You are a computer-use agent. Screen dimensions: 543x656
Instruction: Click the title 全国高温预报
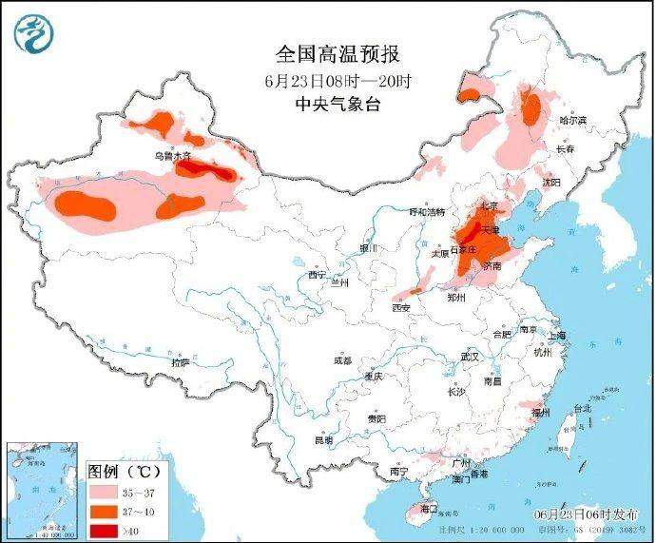326,55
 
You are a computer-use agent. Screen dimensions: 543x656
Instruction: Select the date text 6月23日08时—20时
326,81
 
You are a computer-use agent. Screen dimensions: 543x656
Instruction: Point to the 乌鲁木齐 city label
173,155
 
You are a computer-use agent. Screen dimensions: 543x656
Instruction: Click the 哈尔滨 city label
573,121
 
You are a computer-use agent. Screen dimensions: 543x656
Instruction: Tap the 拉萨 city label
180,362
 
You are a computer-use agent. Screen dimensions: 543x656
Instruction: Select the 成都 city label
342,360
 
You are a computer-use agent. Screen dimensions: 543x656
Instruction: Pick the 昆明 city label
324,440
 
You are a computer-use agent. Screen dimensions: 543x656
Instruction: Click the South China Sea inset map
42,491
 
